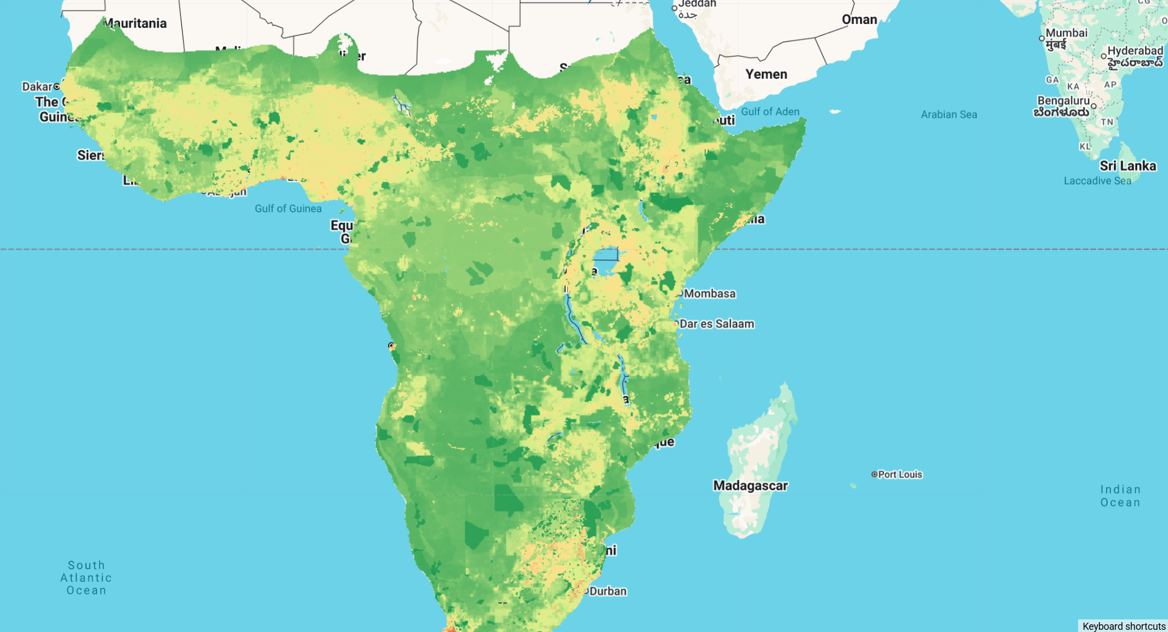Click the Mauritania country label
click(x=135, y=24)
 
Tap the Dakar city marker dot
click(x=56, y=86)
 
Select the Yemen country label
click(x=766, y=74)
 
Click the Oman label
click(x=859, y=20)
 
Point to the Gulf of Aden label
click(x=770, y=111)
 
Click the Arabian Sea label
click(x=948, y=114)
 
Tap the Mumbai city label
click(x=1066, y=33)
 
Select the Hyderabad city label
click(x=1135, y=51)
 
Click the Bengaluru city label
click(x=1063, y=101)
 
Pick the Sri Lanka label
click(x=1127, y=166)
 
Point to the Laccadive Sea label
click(x=1097, y=180)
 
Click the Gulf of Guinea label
click(x=288, y=208)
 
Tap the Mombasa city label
click(x=709, y=294)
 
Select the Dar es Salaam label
click(x=716, y=324)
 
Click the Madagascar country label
click(x=750, y=486)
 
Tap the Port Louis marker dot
click(x=874, y=474)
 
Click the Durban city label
click(x=608, y=591)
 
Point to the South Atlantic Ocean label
click(x=86, y=578)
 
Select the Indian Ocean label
click(x=1120, y=495)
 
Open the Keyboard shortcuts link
click(x=1124, y=626)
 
